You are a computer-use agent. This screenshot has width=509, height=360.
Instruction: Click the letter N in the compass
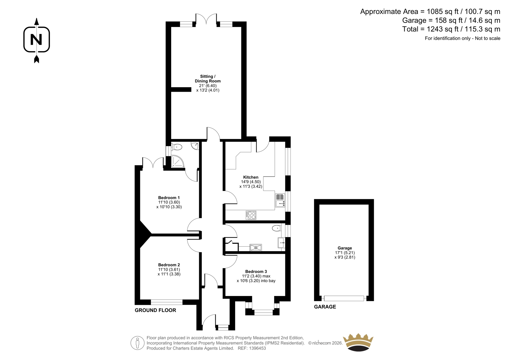[36, 39]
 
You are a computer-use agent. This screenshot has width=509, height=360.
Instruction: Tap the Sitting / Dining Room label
[207, 79]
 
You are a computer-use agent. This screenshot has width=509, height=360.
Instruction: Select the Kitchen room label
[251, 177]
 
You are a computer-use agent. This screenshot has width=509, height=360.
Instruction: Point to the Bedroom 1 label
[169, 198]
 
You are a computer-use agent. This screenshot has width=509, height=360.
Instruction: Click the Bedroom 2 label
[169, 265]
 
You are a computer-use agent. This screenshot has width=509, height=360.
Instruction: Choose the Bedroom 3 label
[256, 271]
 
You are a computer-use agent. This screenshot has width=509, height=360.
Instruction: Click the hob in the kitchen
[251, 215]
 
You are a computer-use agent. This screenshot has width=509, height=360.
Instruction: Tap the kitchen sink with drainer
[280, 200]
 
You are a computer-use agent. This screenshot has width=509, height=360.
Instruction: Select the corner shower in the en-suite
[178, 161]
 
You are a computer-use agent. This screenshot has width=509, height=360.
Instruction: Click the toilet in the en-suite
[176, 147]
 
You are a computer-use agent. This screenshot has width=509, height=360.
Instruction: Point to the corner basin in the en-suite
[195, 146]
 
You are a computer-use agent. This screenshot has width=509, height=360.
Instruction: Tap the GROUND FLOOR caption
[155, 310]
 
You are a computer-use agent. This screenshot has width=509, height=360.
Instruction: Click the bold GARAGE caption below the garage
[325, 307]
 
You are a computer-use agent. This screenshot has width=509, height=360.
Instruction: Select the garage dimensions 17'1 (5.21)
[345, 253]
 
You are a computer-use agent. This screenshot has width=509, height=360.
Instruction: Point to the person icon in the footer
[137, 343]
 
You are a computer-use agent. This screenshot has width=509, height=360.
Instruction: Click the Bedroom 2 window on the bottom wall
[167, 302]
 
